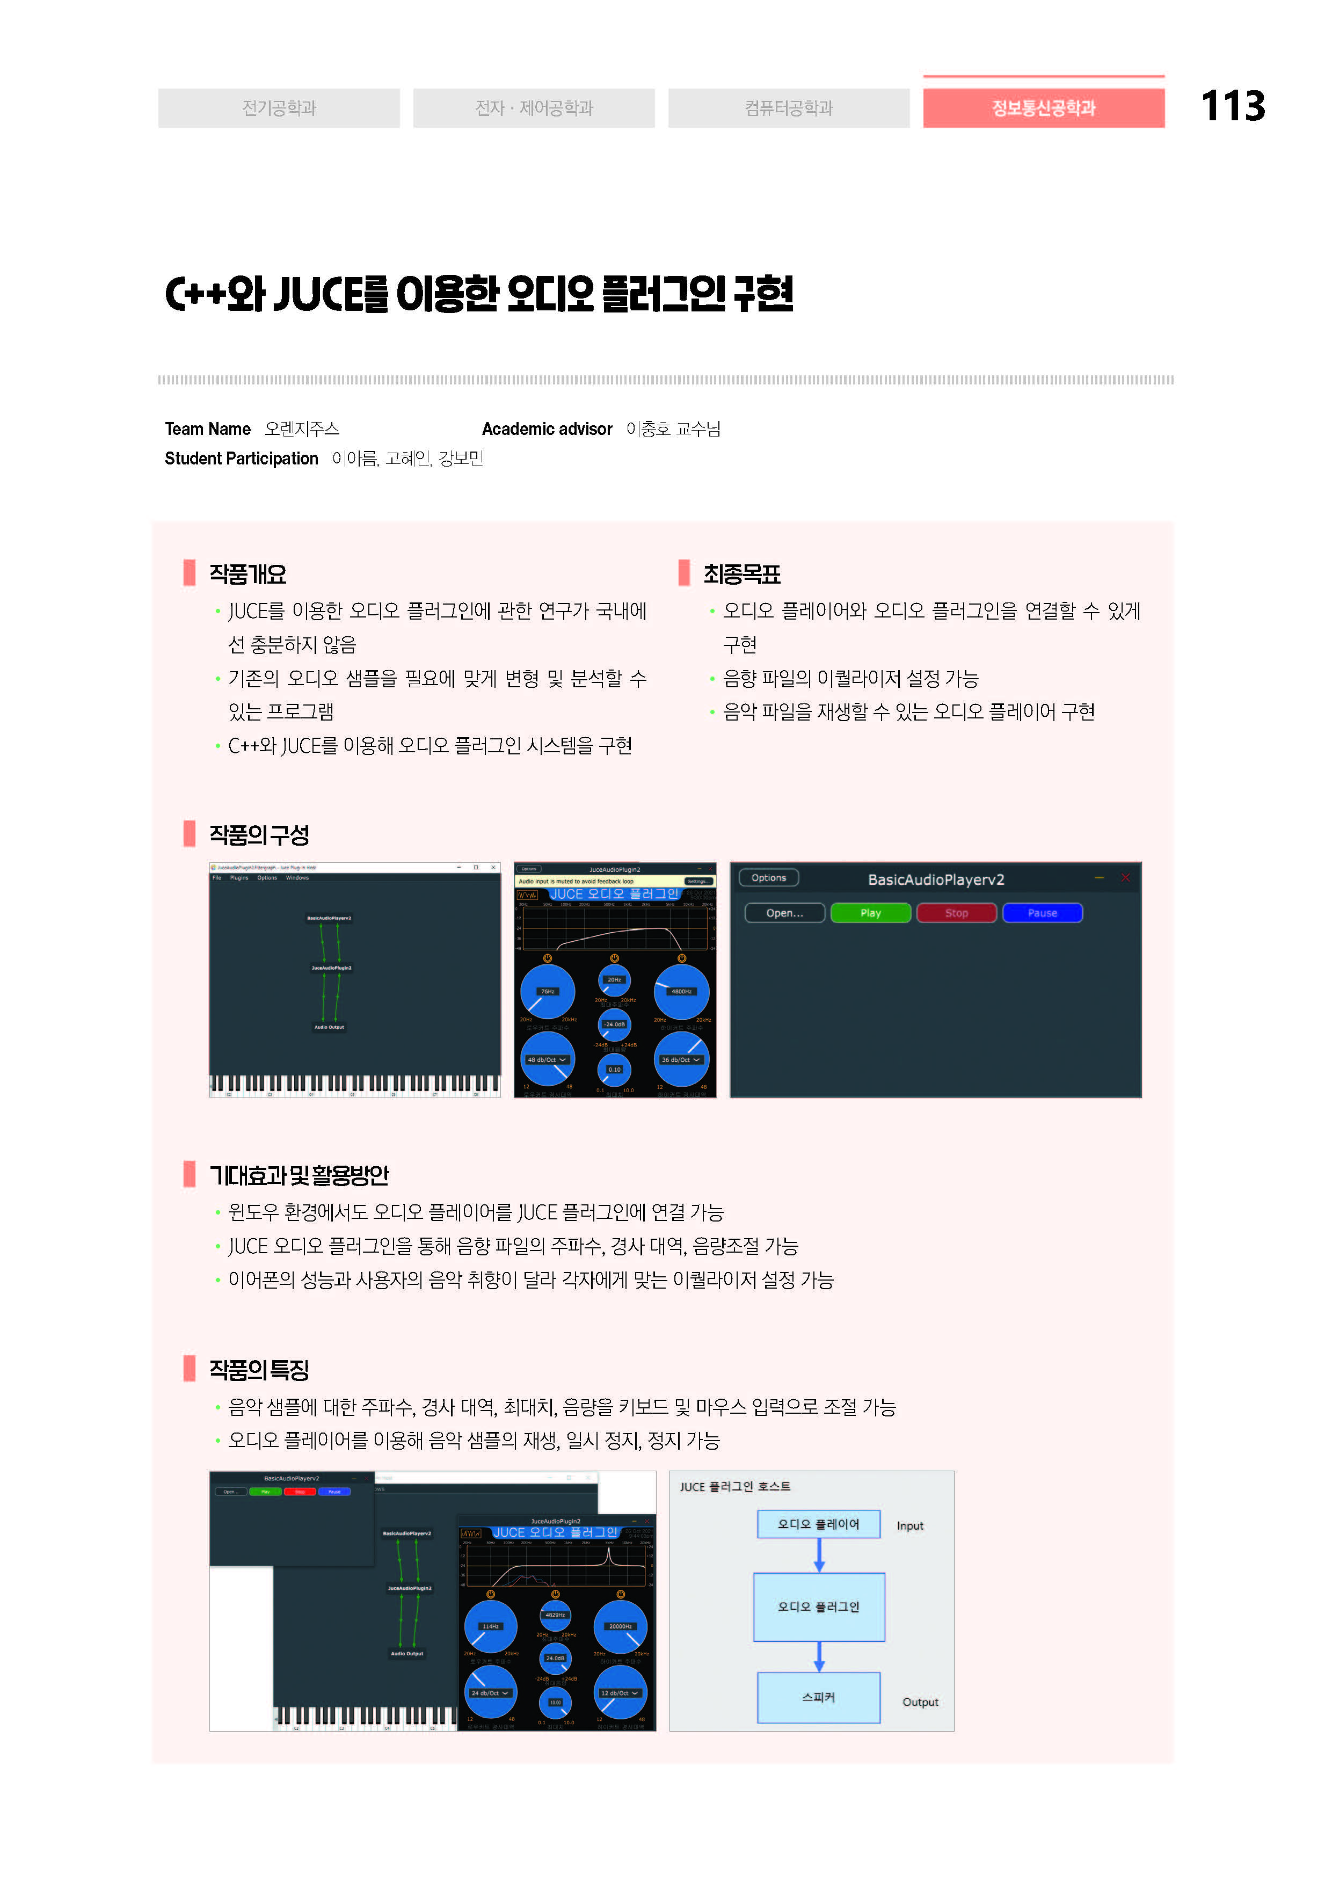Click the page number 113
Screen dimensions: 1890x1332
1232,106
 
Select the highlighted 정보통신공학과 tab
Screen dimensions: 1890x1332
1043,108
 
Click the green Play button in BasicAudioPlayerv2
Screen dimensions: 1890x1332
870,913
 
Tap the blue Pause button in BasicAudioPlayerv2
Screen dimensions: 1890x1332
1042,913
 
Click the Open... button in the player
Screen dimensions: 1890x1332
784,913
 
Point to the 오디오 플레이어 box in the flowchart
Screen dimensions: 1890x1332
818,1524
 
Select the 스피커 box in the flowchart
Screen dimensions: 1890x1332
818,1697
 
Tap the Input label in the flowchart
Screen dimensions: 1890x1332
909,1525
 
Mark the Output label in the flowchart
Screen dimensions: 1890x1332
920,1702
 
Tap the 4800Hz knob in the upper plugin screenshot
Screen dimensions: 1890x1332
681,991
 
